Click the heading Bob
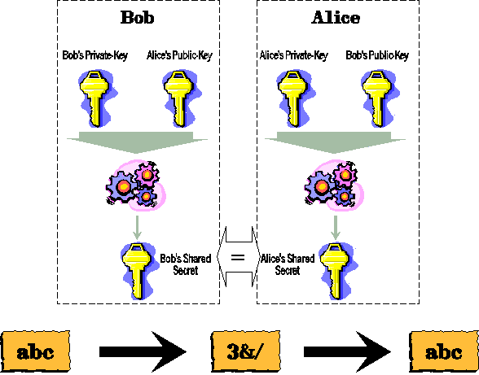[137, 17]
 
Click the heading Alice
[336, 17]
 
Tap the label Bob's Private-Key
[95, 55]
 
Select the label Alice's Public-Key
[179, 55]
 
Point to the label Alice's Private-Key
[293, 55]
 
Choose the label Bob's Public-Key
[377, 55]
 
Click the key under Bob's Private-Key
[97, 98]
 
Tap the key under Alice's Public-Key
[182, 98]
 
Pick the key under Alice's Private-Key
[296, 98]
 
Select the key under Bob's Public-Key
[380, 98]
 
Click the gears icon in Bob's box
[135, 185]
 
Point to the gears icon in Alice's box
[334, 185]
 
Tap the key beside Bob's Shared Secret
[139, 271]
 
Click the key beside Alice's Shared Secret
[337, 271]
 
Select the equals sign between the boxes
[238, 258]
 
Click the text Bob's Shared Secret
[186, 264]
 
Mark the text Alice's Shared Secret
[288, 264]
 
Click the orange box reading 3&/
[246, 351]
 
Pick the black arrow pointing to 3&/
[143, 351]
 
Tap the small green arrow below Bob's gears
[137, 228]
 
